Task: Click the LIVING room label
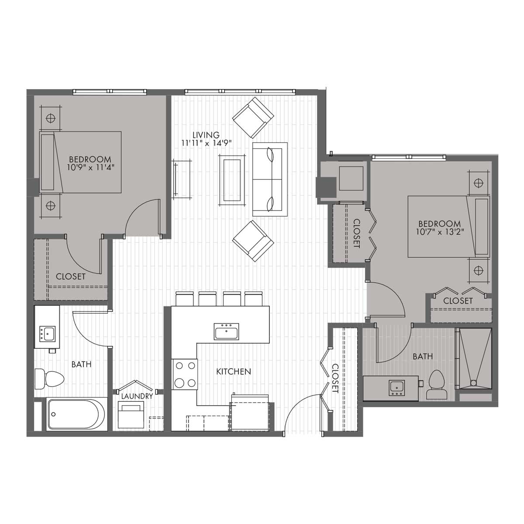[206, 135]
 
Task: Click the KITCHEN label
[234, 372]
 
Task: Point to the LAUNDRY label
[137, 396]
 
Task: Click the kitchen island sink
[226, 331]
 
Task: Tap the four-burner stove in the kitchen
[184, 374]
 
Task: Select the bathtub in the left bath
[77, 414]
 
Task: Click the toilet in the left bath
[49, 378]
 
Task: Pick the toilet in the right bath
[436, 385]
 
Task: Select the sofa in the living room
[270, 179]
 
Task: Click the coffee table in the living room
[231, 179]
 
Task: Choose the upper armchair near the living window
[253, 117]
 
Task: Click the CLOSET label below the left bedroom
[71, 277]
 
